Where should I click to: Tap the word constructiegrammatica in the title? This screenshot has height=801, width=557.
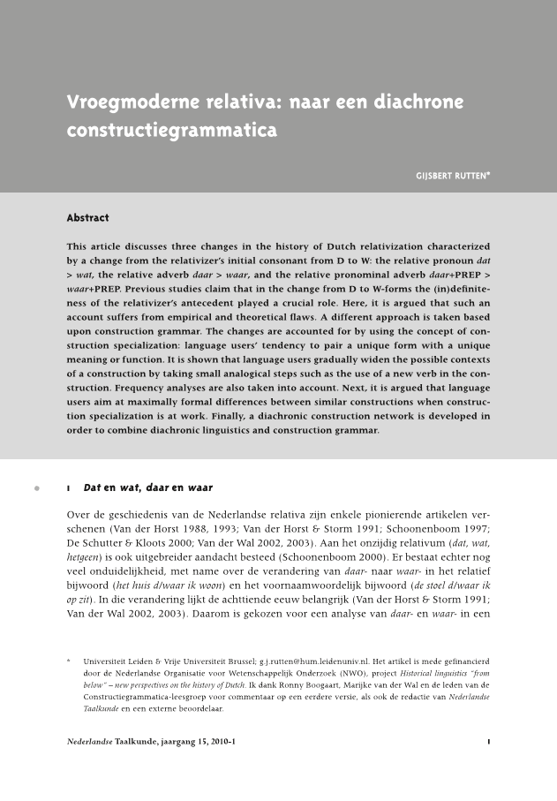point(172,131)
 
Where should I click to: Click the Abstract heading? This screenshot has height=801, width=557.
point(88,217)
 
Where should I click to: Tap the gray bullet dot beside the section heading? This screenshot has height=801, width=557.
point(36,487)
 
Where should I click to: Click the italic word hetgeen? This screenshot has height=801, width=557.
point(83,563)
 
